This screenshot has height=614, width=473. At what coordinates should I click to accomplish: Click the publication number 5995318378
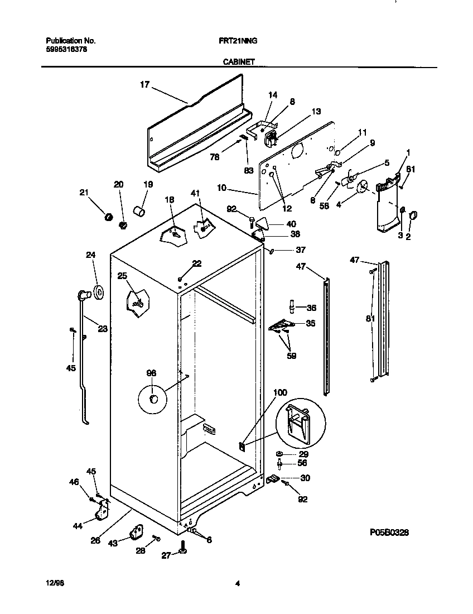[66, 49]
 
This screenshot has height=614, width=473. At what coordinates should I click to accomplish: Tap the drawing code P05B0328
[389, 534]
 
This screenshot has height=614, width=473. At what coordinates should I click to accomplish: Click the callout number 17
[144, 85]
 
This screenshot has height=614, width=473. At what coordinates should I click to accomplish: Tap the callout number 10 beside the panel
[222, 188]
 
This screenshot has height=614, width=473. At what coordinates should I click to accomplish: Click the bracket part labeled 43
[136, 533]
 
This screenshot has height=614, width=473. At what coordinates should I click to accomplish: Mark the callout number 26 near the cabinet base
[96, 540]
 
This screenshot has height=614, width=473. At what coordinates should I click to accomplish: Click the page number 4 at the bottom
[237, 584]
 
